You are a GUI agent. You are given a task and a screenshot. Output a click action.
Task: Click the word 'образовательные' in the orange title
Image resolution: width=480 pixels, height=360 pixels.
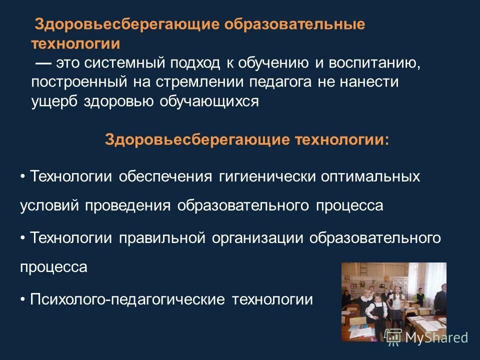tap(294, 25)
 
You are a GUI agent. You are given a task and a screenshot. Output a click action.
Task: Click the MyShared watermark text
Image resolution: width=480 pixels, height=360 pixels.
tap(436, 337)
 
